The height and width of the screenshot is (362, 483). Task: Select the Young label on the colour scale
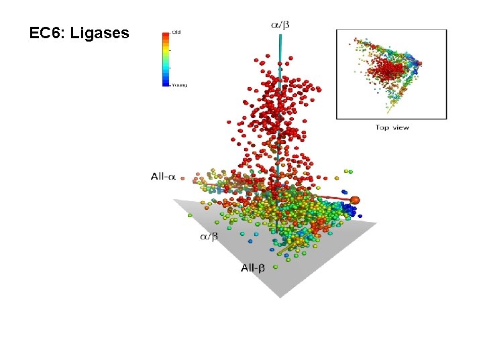179,85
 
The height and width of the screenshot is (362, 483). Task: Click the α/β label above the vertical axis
280,25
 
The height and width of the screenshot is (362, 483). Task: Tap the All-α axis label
163,177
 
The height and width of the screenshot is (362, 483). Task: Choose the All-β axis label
253,268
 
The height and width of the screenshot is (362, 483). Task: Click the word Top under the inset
382,127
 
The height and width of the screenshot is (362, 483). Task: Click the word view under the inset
400,127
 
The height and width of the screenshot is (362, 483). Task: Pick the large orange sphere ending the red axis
355,200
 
